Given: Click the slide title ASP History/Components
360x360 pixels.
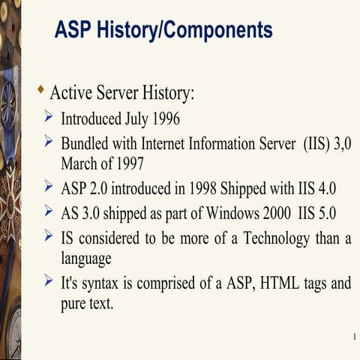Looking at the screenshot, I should (163, 30).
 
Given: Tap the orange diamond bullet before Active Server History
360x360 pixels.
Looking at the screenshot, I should (40, 91).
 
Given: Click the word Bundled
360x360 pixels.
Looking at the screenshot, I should (85, 142).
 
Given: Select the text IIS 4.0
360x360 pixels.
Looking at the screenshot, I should (315, 187).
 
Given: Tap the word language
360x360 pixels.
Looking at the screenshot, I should (85, 259).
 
